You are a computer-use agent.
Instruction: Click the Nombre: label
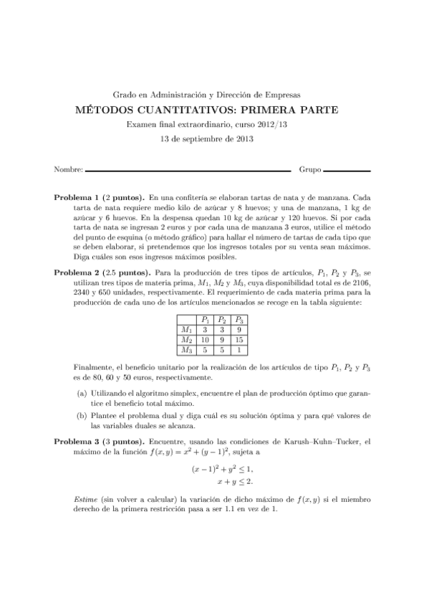(x=68, y=171)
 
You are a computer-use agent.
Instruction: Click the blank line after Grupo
(x=347, y=171)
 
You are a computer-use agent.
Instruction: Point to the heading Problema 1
(x=77, y=196)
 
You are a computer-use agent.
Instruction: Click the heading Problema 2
(x=77, y=273)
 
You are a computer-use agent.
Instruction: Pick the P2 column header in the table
(x=222, y=320)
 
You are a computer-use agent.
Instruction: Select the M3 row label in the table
(x=187, y=350)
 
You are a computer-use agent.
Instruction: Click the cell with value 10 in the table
(x=206, y=340)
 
